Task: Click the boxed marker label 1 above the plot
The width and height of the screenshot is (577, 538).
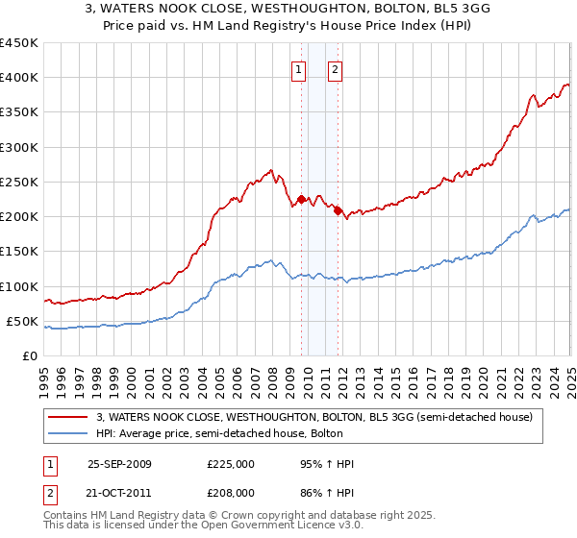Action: pyautogui.click(x=299, y=69)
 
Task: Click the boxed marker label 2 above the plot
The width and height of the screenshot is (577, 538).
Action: pyautogui.click(x=335, y=69)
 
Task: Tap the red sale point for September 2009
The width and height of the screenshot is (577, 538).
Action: pyautogui.click(x=301, y=200)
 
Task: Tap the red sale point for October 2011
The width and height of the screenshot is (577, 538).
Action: pyautogui.click(x=339, y=211)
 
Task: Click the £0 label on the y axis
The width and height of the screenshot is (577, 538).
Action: pyautogui.click(x=31, y=356)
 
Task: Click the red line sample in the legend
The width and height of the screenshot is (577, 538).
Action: pyautogui.click(x=66, y=417)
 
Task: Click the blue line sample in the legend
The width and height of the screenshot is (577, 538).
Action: pyautogui.click(x=66, y=433)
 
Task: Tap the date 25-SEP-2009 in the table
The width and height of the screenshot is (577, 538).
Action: pyautogui.click(x=119, y=464)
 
